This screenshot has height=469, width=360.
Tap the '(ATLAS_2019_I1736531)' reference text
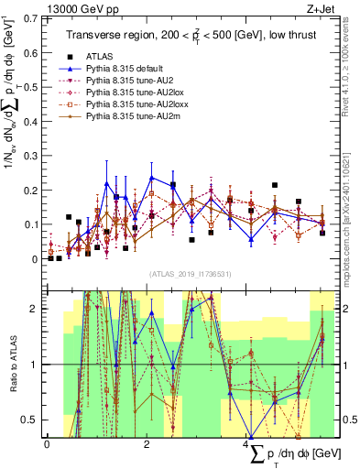click(188, 274)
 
